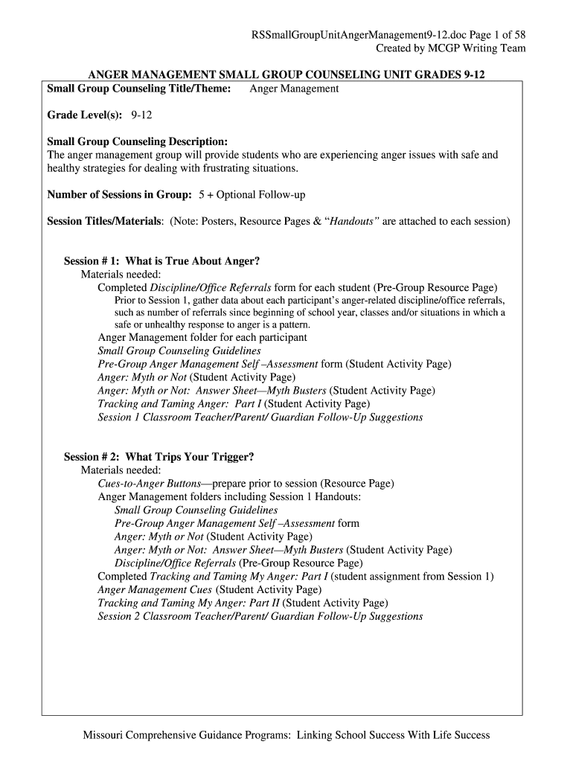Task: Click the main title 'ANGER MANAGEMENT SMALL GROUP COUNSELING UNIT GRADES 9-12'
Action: tap(286, 76)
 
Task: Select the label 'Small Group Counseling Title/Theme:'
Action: tap(139, 89)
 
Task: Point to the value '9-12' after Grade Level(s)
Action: tap(142, 115)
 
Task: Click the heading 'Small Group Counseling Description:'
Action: tap(137, 141)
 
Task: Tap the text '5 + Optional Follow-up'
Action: tap(252, 195)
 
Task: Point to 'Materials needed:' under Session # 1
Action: tap(120, 275)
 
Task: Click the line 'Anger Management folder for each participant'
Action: tap(202, 337)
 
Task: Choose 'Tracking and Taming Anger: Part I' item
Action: tap(179, 404)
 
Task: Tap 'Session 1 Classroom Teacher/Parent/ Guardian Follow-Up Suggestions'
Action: tap(260, 417)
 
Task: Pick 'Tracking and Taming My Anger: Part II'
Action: tap(189, 603)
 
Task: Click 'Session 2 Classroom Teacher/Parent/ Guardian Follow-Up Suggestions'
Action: tap(260, 616)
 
